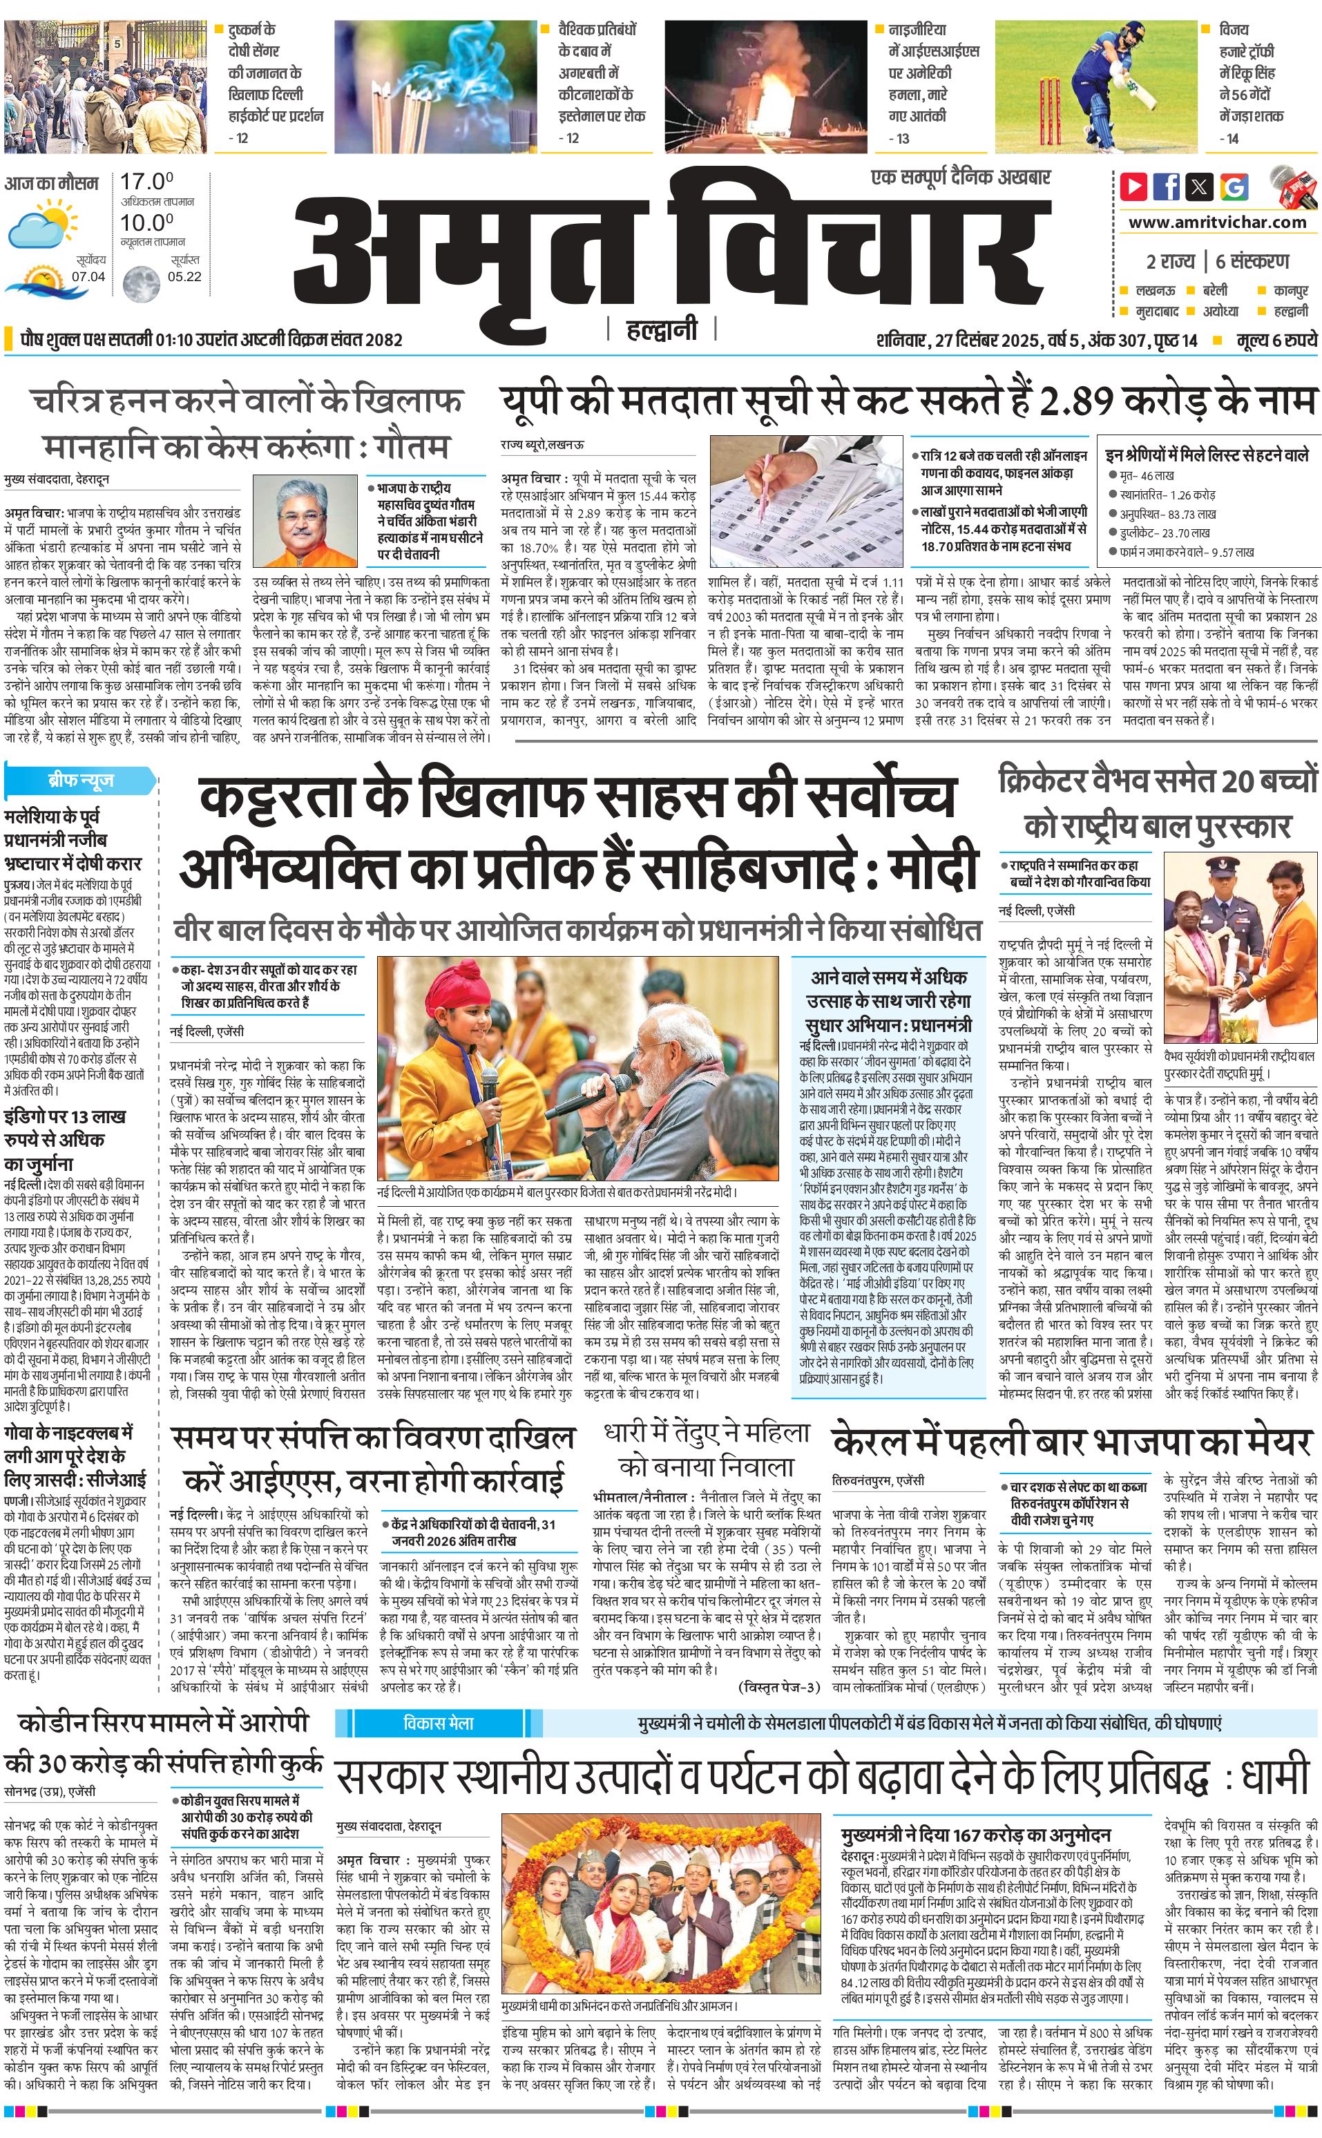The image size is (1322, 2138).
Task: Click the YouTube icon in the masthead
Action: point(1134,187)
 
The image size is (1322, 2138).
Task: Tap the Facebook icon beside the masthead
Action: point(1167,187)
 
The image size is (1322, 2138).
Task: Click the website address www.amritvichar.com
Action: point(1217,222)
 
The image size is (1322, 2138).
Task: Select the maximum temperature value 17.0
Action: point(146,182)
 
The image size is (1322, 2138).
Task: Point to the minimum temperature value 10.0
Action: point(146,222)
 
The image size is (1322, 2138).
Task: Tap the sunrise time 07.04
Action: point(88,276)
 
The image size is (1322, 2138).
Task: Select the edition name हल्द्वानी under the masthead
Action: point(662,330)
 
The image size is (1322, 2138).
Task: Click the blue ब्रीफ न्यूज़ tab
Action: point(80,780)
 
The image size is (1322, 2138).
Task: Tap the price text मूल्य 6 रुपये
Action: point(1276,340)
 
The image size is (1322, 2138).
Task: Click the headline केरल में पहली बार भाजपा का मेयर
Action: point(1071,1440)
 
